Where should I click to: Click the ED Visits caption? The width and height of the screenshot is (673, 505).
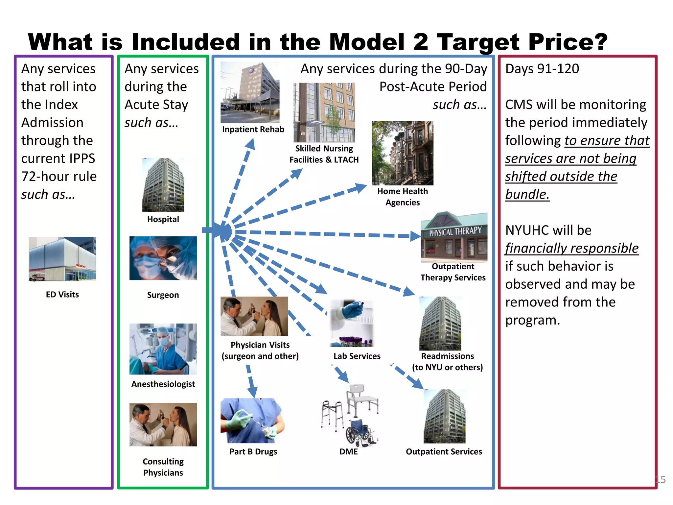pyautogui.click(x=62, y=295)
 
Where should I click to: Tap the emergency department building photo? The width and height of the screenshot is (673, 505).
pyautogui.click(x=62, y=259)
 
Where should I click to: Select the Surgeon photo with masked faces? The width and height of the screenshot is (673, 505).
pyautogui.click(x=163, y=258)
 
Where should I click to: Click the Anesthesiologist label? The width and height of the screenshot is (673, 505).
pyautogui.click(x=163, y=384)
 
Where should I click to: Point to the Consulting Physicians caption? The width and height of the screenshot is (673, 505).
pyautogui.click(x=163, y=467)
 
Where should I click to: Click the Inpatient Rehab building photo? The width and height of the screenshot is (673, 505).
pyautogui.click(x=250, y=92)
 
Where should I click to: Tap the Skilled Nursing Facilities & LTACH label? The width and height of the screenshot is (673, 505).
pyautogui.click(x=324, y=154)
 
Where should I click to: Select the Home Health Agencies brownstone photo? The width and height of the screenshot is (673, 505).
pyautogui.click(x=403, y=153)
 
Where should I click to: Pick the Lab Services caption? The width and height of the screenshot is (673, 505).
pyautogui.click(x=357, y=356)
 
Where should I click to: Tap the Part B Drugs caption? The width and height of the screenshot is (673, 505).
pyautogui.click(x=253, y=452)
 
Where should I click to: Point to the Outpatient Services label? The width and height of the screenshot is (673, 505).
pyautogui.click(x=444, y=452)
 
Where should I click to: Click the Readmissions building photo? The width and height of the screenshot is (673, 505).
pyautogui.click(x=440, y=324)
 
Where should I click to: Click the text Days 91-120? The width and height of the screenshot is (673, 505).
pyautogui.click(x=542, y=69)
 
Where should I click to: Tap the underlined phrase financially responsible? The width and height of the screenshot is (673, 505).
pyautogui.click(x=572, y=248)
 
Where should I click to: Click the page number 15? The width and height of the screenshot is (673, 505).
pyautogui.click(x=661, y=479)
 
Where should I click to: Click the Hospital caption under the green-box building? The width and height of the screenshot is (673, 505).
pyautogui.click(x=163, y=219)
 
